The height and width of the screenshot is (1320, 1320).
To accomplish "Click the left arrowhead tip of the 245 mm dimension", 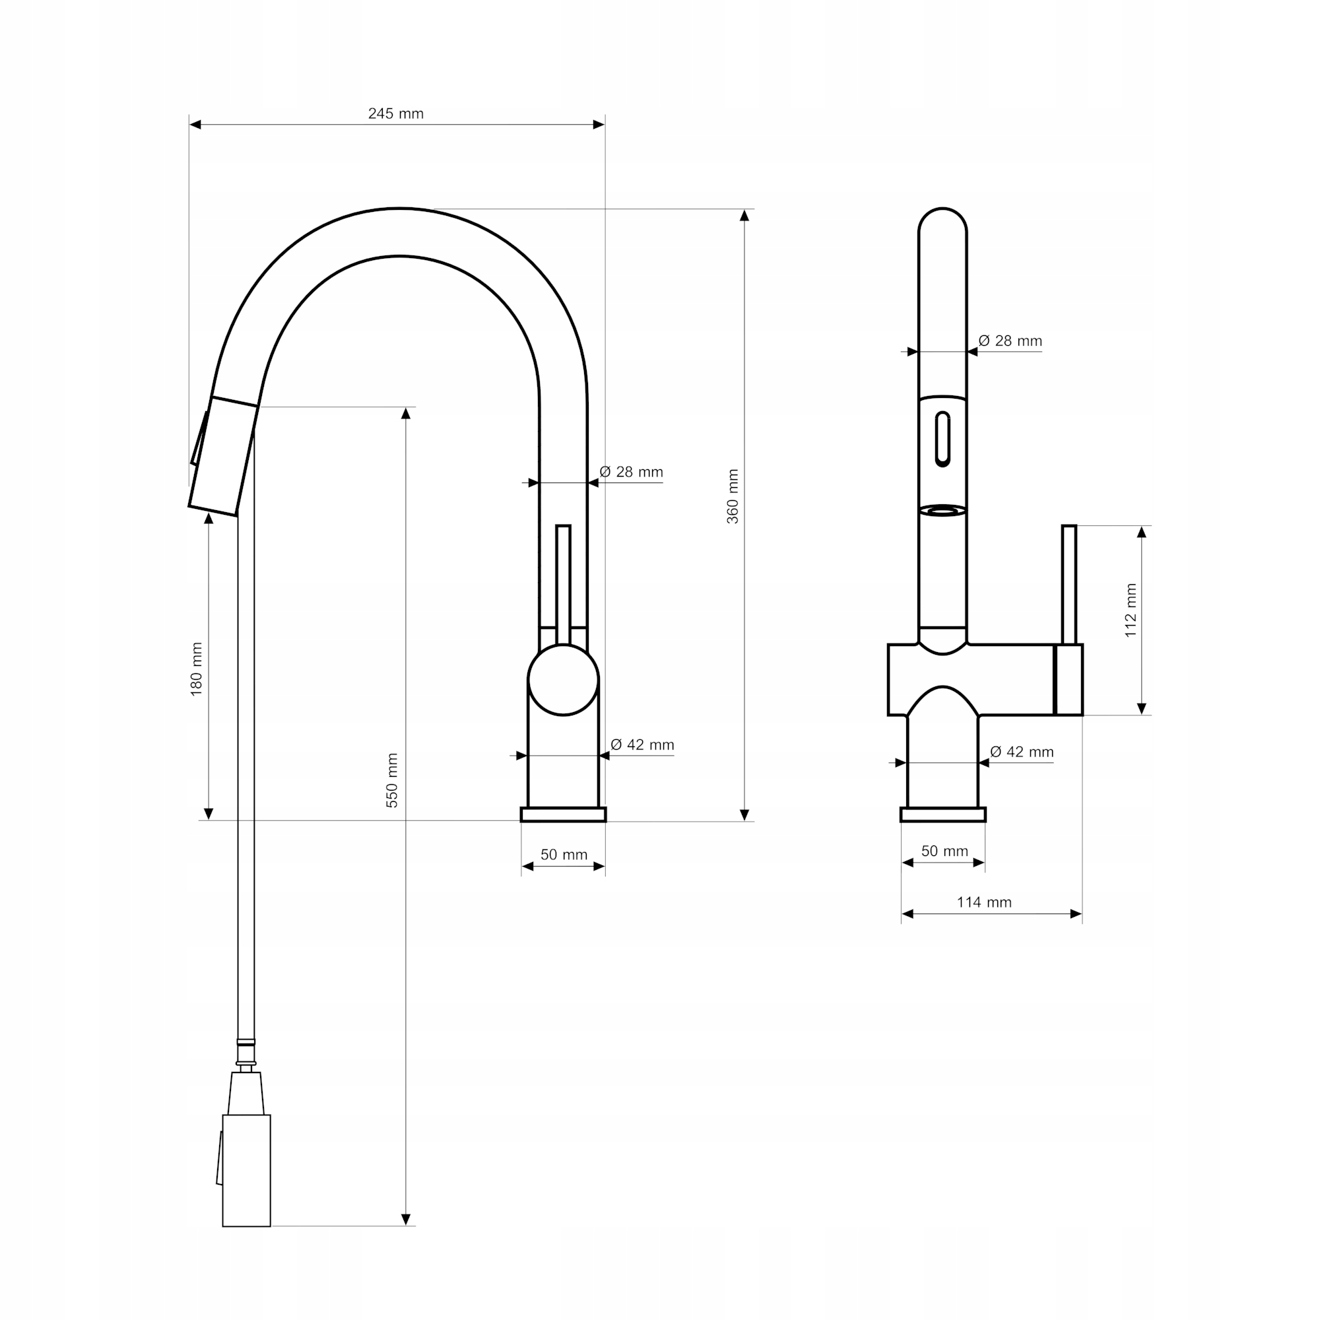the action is click(190, 124).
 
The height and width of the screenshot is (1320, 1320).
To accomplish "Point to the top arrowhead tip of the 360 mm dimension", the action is click(744, 210).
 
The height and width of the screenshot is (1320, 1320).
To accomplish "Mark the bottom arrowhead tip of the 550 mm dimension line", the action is click(406, 1245).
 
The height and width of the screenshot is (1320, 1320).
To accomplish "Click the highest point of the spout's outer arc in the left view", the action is click(400, 208).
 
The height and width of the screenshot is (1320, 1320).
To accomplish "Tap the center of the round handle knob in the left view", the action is click(563, 680).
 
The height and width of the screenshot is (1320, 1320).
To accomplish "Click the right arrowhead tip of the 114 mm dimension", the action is click(1082, 914).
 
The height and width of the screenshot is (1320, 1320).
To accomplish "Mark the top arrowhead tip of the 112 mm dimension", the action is click(1141, 526).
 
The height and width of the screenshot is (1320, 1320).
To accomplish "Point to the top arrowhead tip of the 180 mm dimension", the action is click(209, 513).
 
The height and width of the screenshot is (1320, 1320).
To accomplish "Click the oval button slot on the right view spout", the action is click(943, 439).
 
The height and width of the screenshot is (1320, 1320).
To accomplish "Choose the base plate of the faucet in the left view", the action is click(563, 814).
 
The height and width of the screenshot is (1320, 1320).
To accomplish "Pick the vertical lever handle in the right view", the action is click(1069, 584).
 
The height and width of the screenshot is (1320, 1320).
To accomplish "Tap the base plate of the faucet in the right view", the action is click(943, 814).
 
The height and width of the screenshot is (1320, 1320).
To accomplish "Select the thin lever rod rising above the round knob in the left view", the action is click(563, 585).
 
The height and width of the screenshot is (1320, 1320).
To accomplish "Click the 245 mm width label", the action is click(395, 114).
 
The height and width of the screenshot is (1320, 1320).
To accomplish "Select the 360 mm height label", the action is click(733, 497).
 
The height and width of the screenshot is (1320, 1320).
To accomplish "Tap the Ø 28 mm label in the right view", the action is click(1010, 341).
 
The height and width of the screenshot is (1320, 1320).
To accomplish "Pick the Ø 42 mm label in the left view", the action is click(642, 744).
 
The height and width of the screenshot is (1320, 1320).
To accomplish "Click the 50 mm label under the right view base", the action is click(945, 851).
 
